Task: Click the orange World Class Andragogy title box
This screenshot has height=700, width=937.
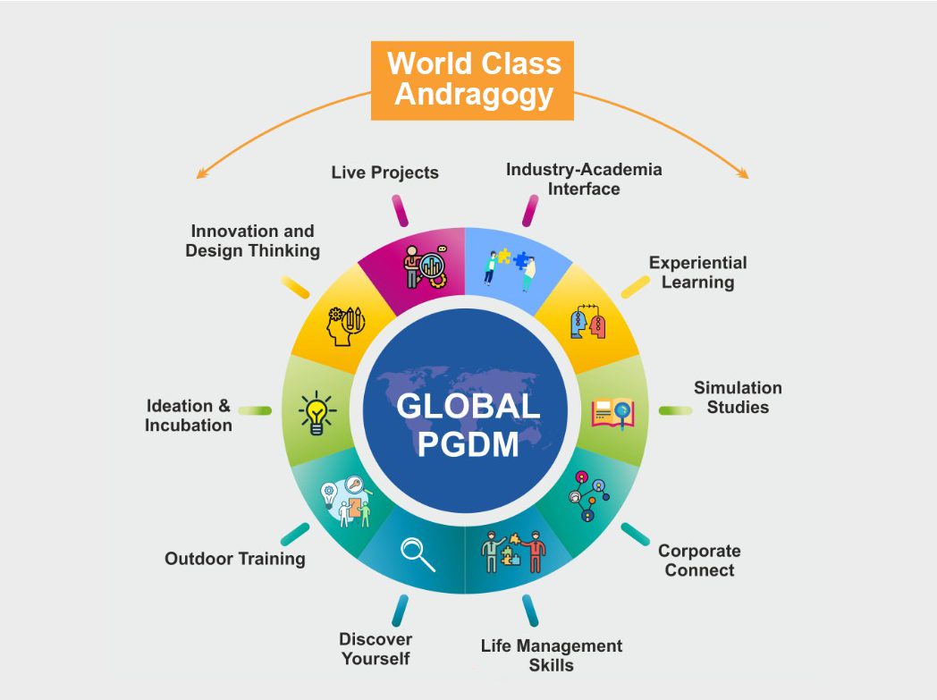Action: click(472, 80)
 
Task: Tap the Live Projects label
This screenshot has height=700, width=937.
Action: click(384, 173)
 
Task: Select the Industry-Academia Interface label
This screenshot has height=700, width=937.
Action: click(584, 179)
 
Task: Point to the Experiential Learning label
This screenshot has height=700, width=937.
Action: click(698, 273)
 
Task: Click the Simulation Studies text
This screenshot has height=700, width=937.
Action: click(738, 397)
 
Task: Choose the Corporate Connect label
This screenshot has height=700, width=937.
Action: click(699, 561)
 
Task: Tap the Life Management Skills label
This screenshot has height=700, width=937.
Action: click(552, 655)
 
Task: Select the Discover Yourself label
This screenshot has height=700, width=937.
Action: click(376, 649)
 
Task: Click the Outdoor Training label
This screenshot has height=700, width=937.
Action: click(235, 559)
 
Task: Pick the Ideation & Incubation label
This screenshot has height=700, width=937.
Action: click(189, 415)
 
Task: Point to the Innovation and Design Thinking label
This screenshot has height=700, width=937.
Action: click(252, 240)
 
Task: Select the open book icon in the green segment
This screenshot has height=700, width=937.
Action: click(612, 413)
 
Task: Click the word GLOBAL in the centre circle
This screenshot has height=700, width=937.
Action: click(468, 406)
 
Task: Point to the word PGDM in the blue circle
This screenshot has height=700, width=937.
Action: click(468, 444)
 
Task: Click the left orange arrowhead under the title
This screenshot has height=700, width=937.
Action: click(201, 173)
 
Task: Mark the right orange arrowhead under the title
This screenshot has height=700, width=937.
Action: click(743, 173)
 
